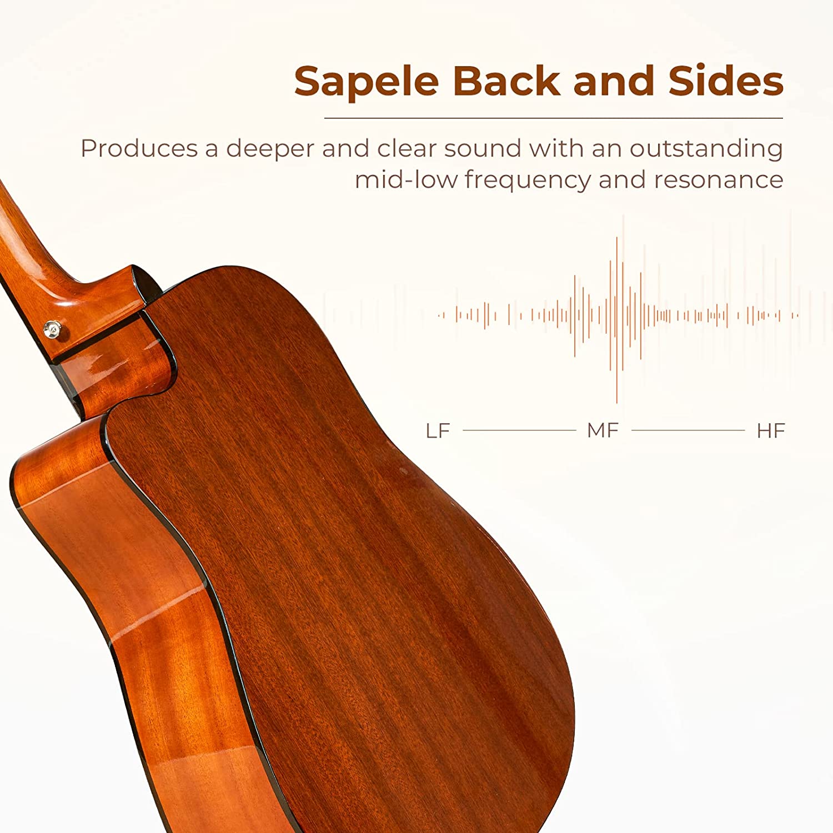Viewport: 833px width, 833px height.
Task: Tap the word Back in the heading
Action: (x=507, y=81)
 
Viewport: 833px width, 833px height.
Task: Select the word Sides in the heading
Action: (x=726, y=81)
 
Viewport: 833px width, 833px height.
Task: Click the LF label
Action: (x=438, y=430)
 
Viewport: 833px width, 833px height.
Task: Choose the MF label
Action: (x=603, y=430)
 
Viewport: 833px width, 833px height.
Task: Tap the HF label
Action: (x=771, y=430)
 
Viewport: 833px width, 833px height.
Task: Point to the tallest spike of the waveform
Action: (x=616, y=320)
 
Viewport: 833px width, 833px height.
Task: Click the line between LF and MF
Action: (x=519, y=430)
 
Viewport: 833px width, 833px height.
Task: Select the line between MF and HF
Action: (x=688, y=430)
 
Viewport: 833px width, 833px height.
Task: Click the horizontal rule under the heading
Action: (x=554, y=118)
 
